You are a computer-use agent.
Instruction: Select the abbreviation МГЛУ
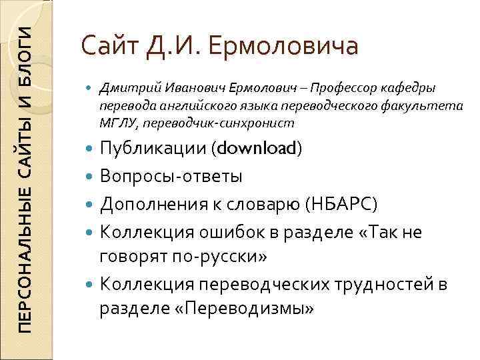click(114, 123)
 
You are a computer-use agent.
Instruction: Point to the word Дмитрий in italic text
click(122, 89)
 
